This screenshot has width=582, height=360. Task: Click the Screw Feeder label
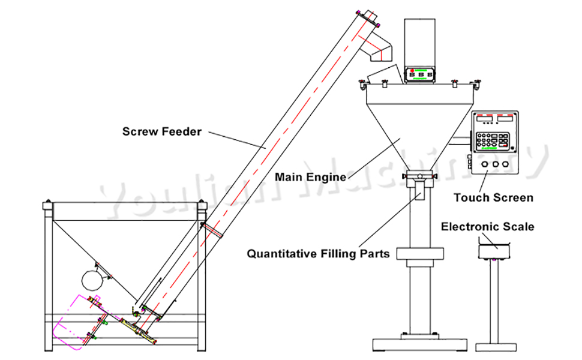(162, 131)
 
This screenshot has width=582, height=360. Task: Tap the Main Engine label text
(310, 177)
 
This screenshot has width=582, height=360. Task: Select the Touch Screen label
(493, 197)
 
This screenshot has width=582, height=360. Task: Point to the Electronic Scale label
(487, 227)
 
